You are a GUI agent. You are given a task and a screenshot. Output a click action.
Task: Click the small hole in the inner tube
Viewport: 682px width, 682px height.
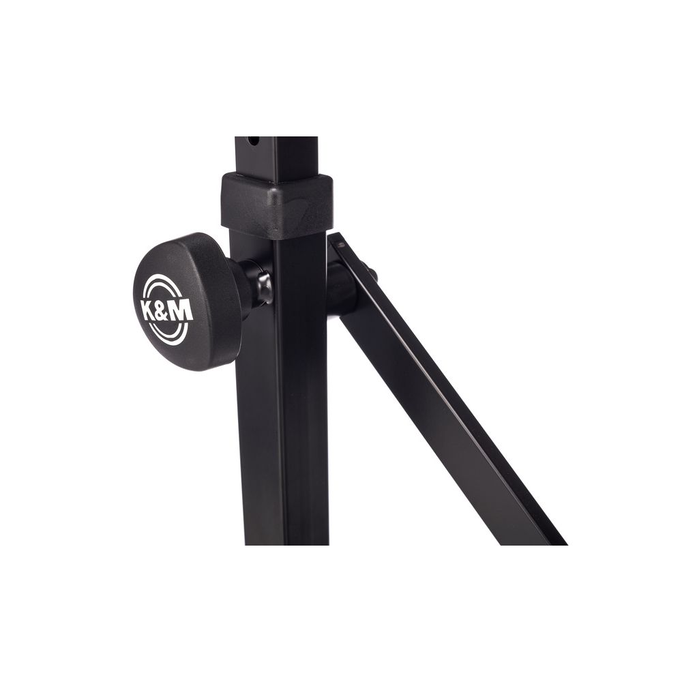[253, 142]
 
